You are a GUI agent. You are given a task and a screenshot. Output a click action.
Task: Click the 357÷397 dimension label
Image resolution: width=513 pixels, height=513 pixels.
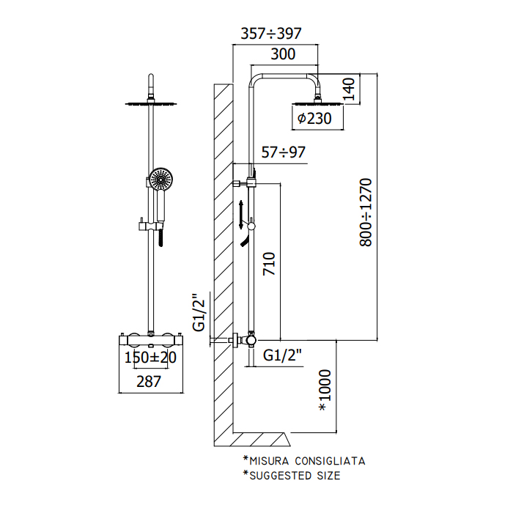[271, 34]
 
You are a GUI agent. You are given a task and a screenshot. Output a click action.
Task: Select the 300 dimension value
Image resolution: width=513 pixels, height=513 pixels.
[283, 54]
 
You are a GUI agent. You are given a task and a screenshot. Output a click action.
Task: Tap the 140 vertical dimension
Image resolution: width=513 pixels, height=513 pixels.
[349, 89]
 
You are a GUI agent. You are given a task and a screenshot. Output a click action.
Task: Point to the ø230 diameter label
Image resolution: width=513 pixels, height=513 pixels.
[314, 118]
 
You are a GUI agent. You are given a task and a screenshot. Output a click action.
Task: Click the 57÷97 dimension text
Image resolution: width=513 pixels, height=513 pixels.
[284, 152]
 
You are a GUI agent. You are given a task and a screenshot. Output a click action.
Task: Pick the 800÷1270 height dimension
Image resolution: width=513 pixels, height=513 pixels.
[366, 212]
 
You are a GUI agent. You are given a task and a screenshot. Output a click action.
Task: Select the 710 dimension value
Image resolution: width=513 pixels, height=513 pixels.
[269, 263]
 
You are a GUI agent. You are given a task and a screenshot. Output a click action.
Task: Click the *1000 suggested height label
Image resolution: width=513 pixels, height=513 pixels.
[325, 390]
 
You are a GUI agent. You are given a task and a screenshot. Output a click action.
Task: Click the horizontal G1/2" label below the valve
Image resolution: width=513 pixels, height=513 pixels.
[282, 355]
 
